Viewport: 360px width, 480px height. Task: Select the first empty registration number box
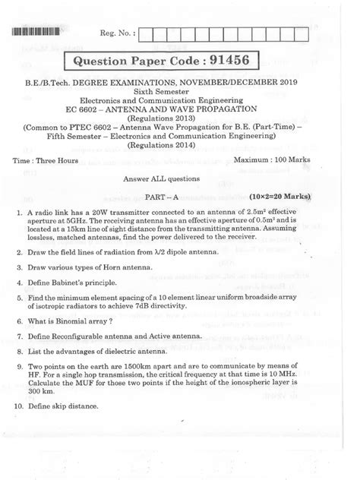tap(149, 33)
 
